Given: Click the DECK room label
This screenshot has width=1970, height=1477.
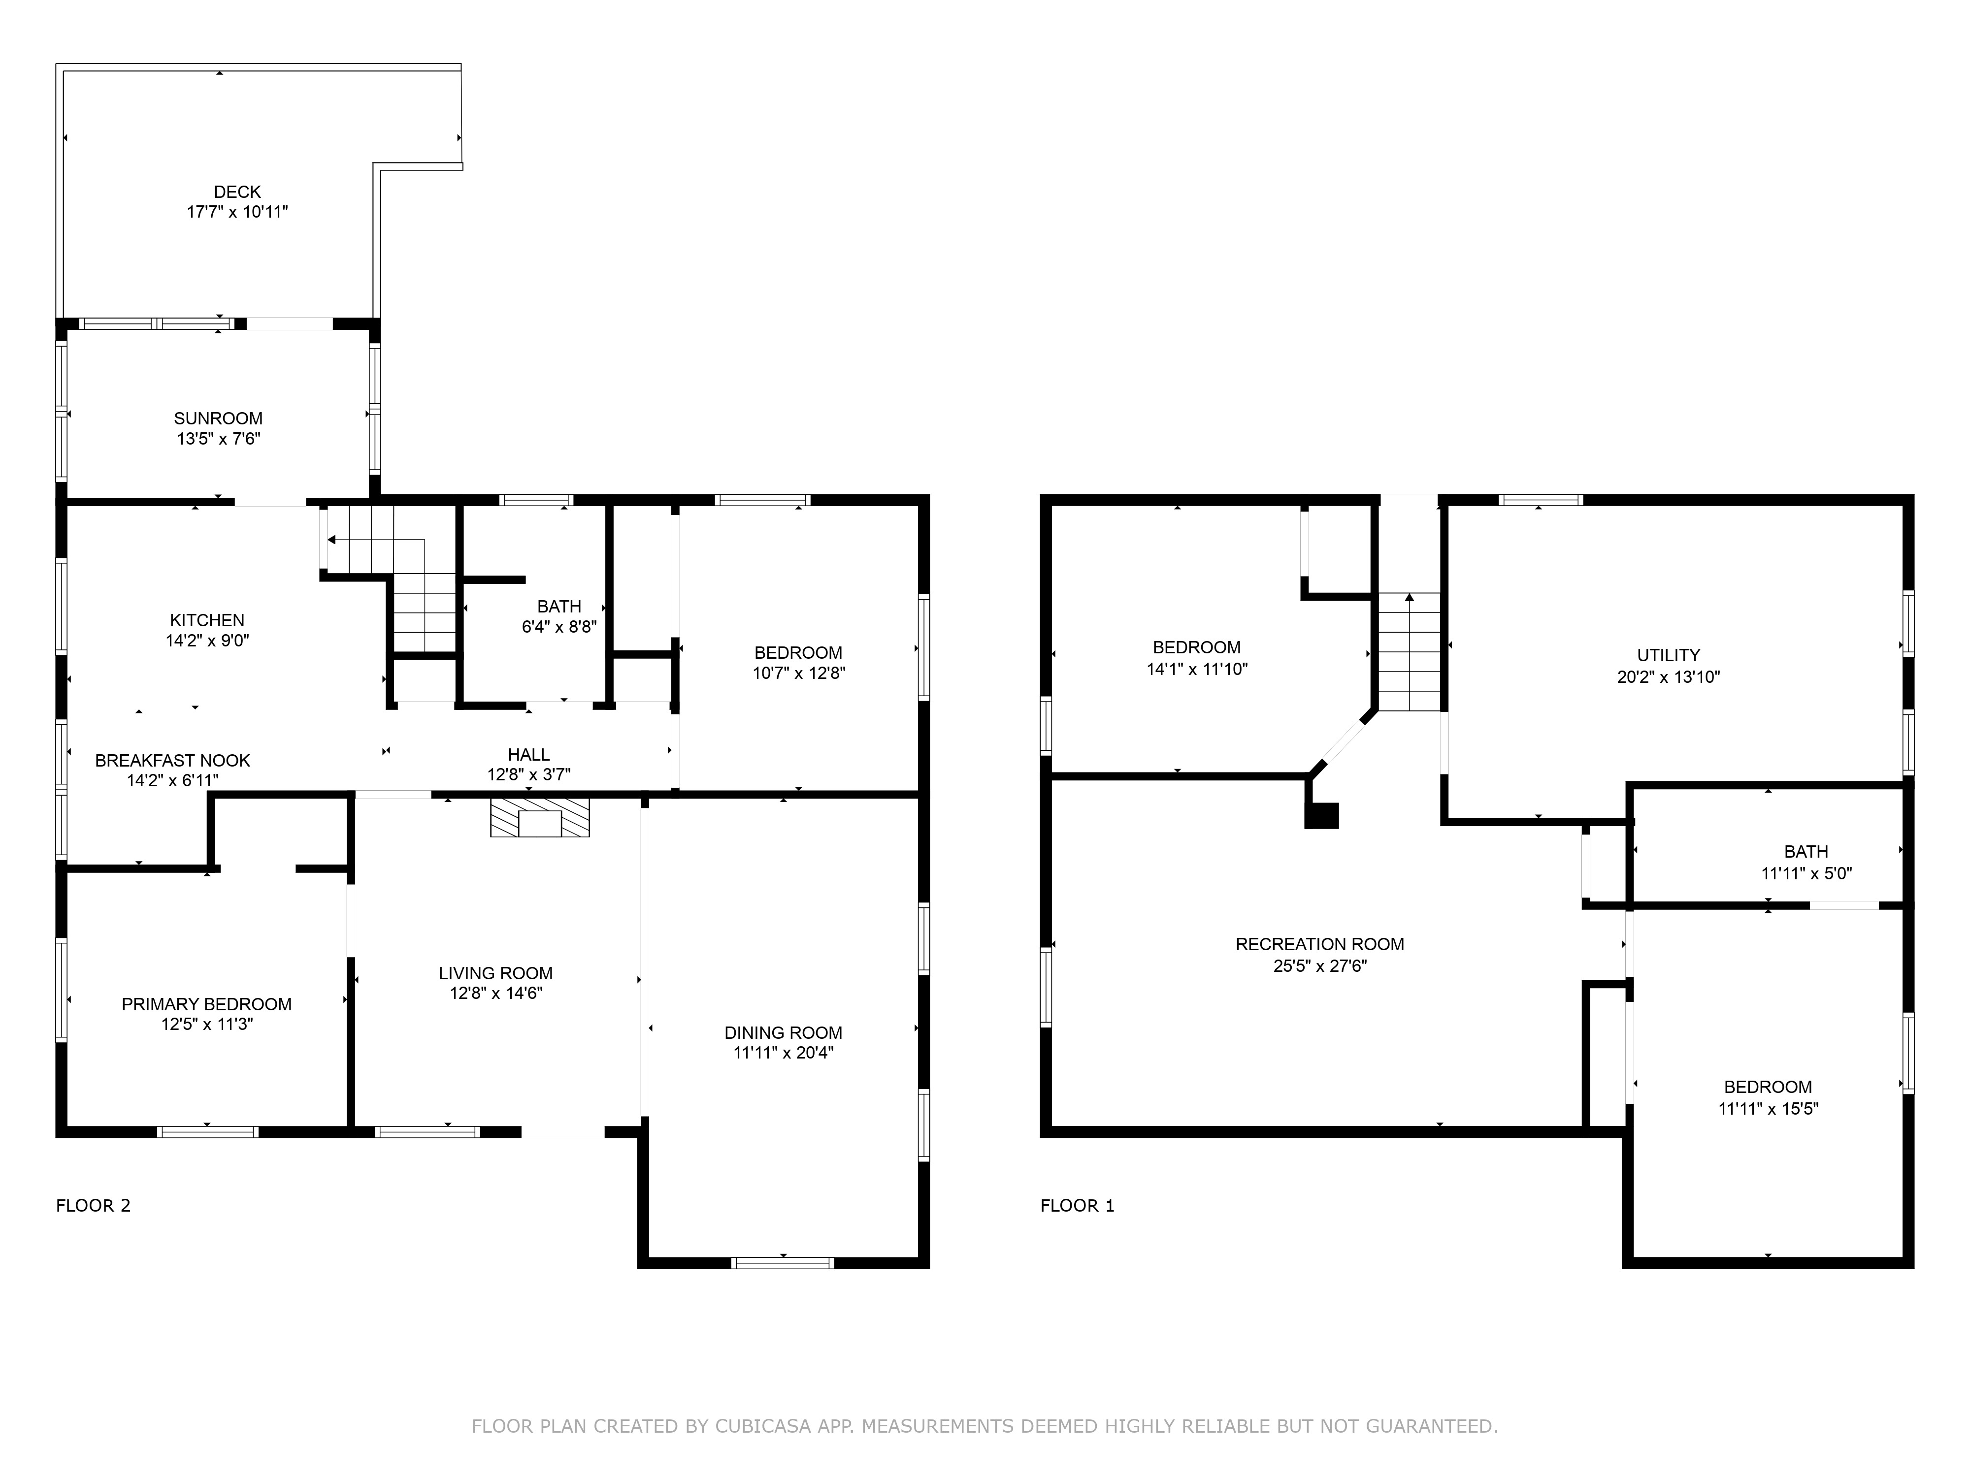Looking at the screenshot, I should coord(237,192).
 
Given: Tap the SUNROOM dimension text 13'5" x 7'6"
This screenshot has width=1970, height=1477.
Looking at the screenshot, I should coord(218,439).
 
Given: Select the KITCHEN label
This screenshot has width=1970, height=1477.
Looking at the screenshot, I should coord(207,620).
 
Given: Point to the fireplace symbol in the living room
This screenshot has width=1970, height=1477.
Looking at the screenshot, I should coord(540,817).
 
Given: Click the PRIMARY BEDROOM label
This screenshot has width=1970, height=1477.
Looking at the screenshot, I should coord(207,1004).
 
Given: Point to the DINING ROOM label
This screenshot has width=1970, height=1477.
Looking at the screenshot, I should coord(783,1033).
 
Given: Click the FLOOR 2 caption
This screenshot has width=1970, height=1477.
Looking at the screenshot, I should coord(94,1205).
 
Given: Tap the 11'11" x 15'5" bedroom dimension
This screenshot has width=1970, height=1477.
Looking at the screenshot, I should coord(1768,1108).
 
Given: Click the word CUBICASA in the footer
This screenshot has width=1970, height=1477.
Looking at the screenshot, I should coord(762,1426).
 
